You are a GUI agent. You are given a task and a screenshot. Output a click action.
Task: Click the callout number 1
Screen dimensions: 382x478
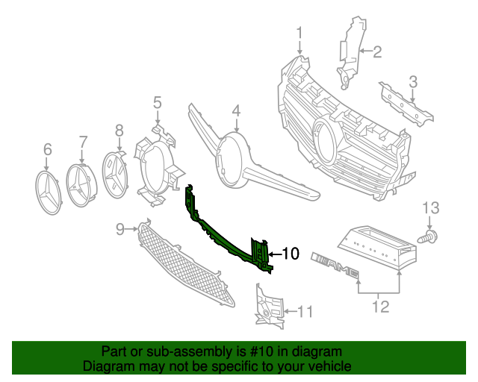299,34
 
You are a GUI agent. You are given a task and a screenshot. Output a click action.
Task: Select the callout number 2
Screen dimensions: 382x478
377,51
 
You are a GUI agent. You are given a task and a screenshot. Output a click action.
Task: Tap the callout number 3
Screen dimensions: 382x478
412,81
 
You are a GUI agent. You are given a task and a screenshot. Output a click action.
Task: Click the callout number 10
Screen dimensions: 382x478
291,254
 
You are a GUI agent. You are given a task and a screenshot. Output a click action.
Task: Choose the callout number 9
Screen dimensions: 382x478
121,230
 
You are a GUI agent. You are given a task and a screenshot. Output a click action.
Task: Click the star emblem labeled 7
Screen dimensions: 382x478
83,183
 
